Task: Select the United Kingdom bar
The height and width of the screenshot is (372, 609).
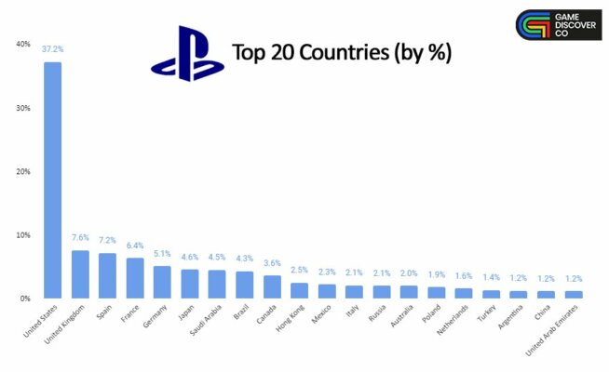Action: coord(80,274)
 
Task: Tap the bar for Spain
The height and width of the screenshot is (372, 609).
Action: coord(108,275)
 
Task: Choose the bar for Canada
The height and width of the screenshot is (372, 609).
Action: coord(272,286)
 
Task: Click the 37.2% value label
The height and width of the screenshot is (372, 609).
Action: coord(53,49)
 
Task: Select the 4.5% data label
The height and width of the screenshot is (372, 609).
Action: coord(217,258)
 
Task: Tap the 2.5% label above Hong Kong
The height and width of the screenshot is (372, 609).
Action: coord(299,271)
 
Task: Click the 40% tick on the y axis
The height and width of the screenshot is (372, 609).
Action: coord(23,44)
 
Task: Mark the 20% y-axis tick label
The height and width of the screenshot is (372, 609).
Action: coord(23,171)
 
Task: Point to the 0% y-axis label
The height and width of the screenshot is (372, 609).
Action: coord(25,299)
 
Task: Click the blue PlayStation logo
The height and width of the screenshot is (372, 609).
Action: coord(187,58)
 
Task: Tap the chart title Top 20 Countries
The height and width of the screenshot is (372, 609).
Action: coord(341,52)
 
